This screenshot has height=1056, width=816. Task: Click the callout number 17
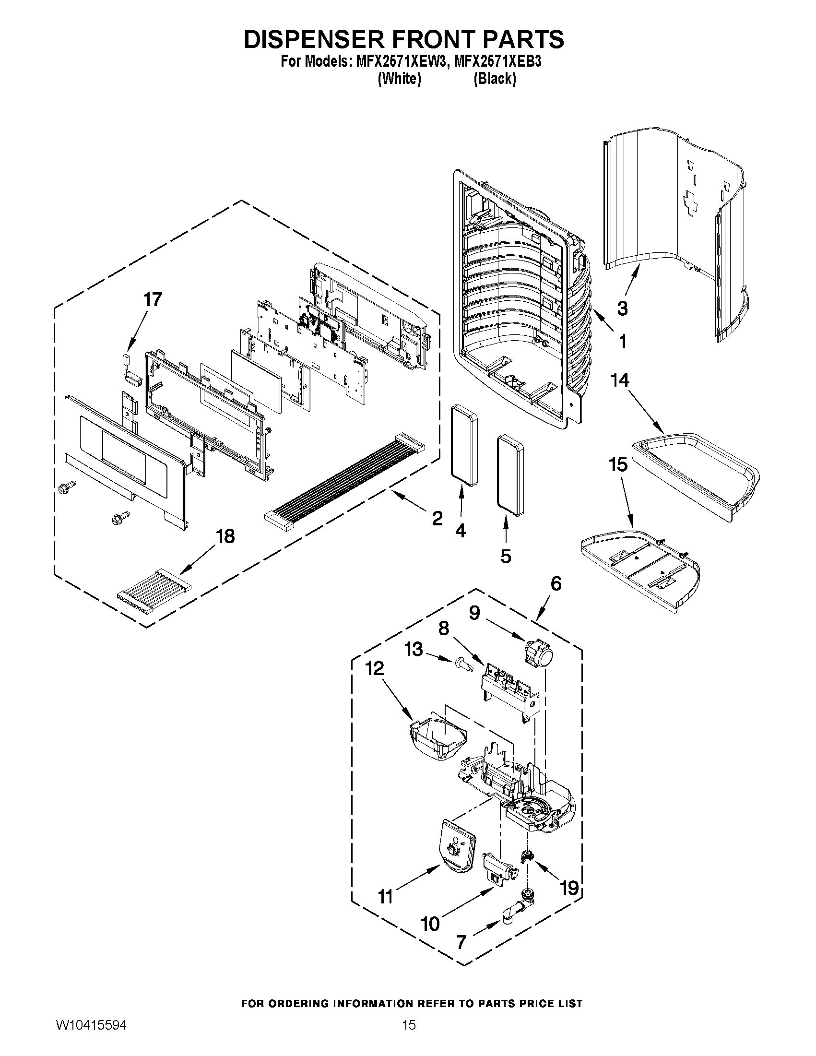[153, 300]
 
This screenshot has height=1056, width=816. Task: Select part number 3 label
[622, 308]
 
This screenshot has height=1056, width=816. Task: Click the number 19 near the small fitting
[569, 888]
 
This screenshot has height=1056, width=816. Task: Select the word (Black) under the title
[495, 78]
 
